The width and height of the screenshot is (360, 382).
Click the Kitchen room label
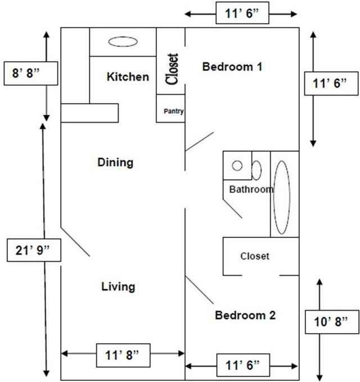point(128,77)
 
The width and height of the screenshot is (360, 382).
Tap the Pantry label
point(174,111)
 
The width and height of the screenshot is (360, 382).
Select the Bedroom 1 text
point(232,67)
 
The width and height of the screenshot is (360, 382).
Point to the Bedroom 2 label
point(245,315)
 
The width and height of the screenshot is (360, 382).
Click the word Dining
point(115,163)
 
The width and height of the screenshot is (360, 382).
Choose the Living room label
point(118,286)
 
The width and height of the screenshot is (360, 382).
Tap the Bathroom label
point(250,190)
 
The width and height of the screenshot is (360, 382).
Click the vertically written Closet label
point(172,69)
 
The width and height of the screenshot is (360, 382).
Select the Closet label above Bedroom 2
point(255,256)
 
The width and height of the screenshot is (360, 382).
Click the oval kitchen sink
point(122,42)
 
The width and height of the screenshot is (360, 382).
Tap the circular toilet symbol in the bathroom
point(237,165)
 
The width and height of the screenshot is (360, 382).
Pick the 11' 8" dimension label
point(122,354)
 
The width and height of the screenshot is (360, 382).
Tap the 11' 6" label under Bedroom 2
point(241,365)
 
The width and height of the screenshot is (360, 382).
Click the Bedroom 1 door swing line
point(200,141)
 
